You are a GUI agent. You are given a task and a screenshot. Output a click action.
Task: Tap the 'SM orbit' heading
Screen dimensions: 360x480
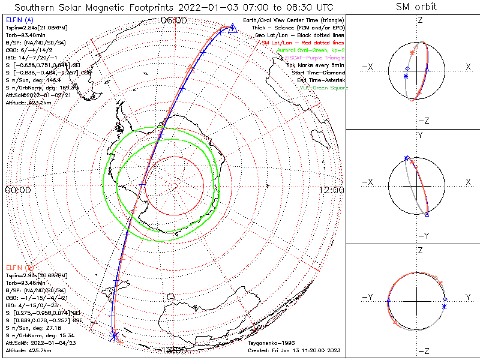416,7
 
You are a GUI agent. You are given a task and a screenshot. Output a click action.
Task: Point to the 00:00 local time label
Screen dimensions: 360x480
17,190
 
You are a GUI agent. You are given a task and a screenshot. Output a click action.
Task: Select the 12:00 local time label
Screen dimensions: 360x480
332,190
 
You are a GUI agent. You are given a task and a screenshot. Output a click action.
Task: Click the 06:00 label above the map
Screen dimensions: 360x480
174,20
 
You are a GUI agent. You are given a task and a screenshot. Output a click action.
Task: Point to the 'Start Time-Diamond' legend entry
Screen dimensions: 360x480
319,72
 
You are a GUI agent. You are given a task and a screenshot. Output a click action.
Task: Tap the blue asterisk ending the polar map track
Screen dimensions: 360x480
113,337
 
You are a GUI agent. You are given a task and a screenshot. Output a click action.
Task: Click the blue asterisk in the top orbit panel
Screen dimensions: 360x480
406,76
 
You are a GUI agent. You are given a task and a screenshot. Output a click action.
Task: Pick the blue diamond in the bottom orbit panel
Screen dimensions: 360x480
445,299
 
